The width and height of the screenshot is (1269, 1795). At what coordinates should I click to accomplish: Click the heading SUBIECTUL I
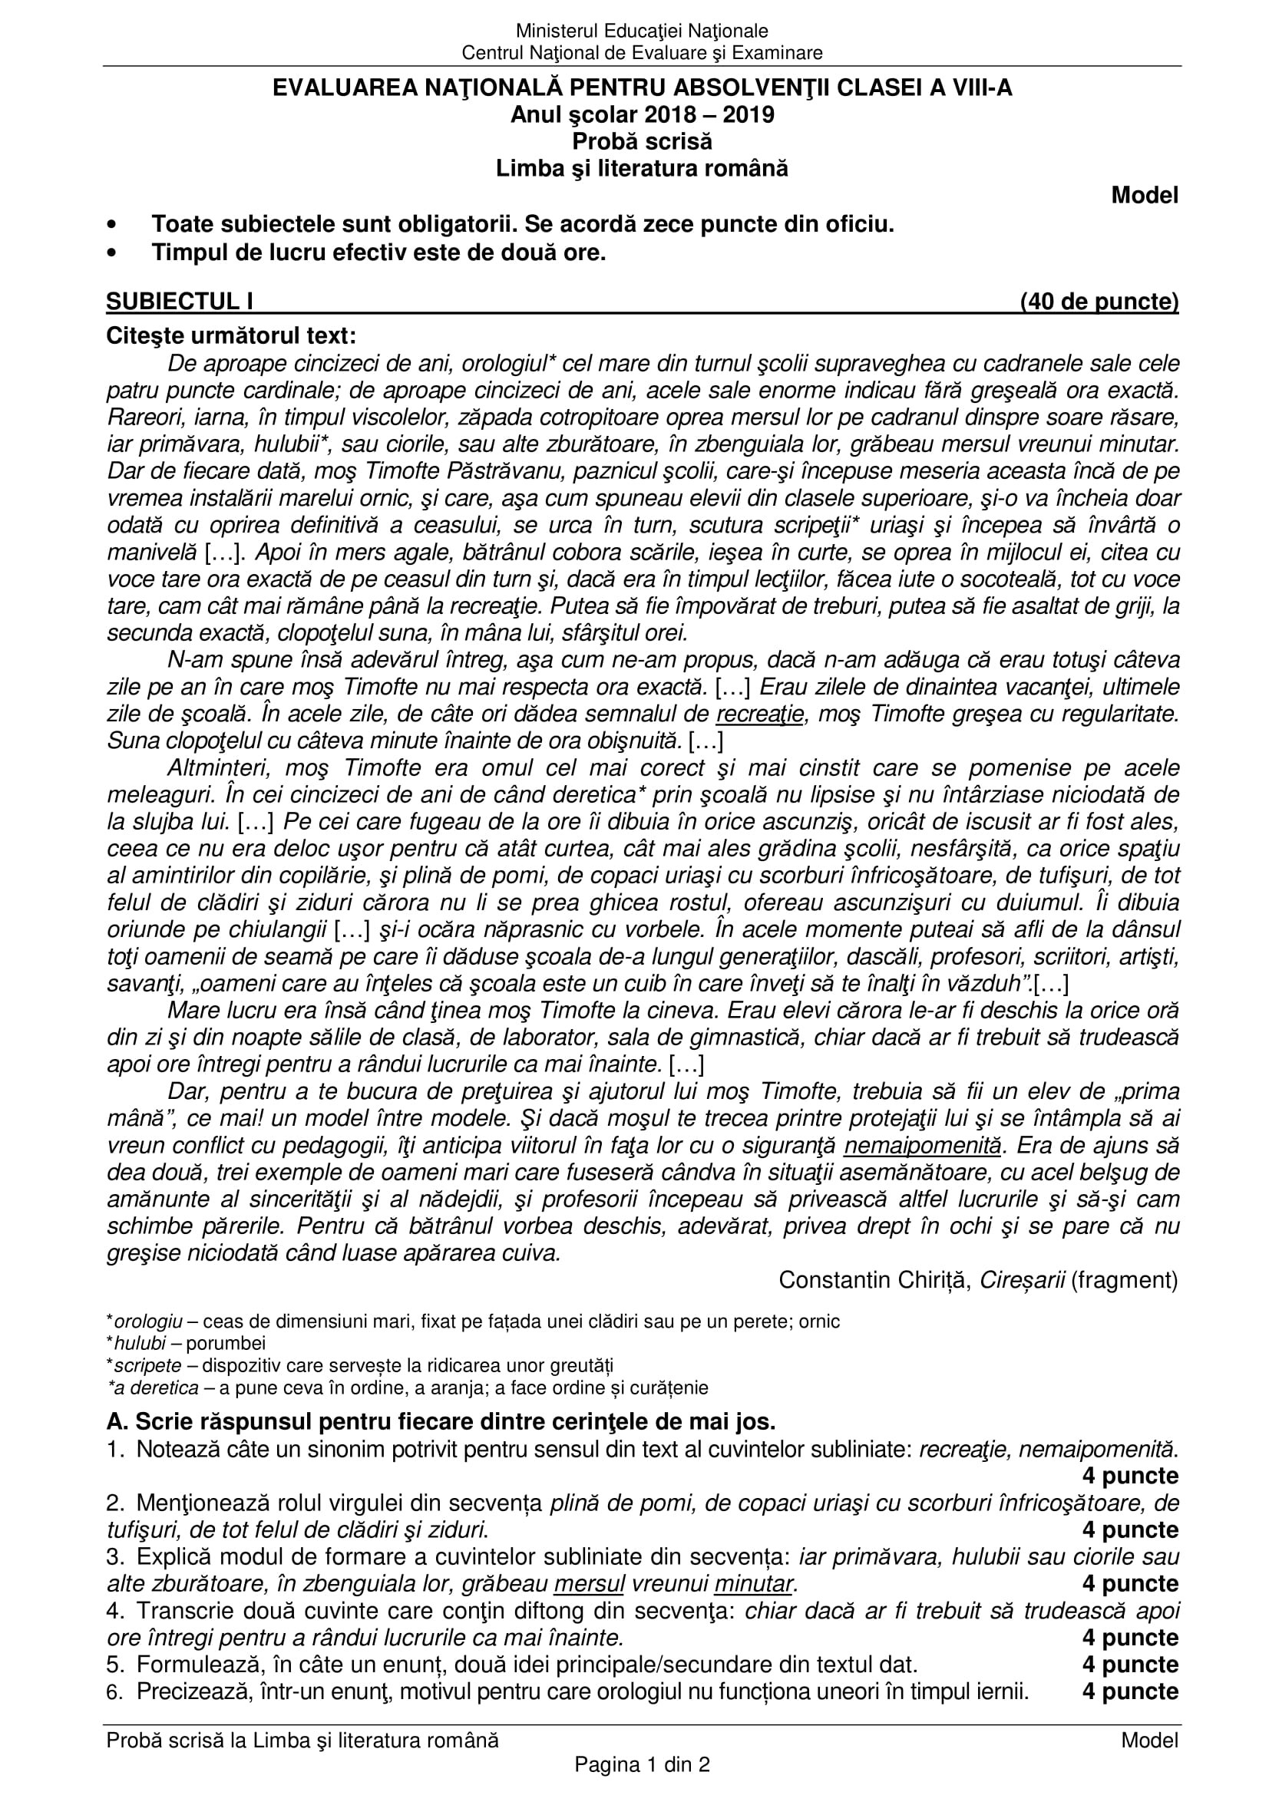point(180,301)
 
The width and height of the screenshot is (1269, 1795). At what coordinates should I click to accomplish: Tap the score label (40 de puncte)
point(1099,301)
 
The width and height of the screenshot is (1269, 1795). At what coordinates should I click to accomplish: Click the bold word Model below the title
point(1145,196)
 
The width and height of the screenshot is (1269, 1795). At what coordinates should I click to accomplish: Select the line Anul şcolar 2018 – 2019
point(642,115)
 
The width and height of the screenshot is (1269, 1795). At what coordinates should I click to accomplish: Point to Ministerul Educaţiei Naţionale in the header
point(642,31)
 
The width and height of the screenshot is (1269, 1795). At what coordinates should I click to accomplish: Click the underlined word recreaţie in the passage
point(760,714)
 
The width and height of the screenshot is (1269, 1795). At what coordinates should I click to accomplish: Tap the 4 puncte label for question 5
point(1130,1665)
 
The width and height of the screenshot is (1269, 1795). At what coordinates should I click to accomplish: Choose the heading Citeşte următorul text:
point(231,335)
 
